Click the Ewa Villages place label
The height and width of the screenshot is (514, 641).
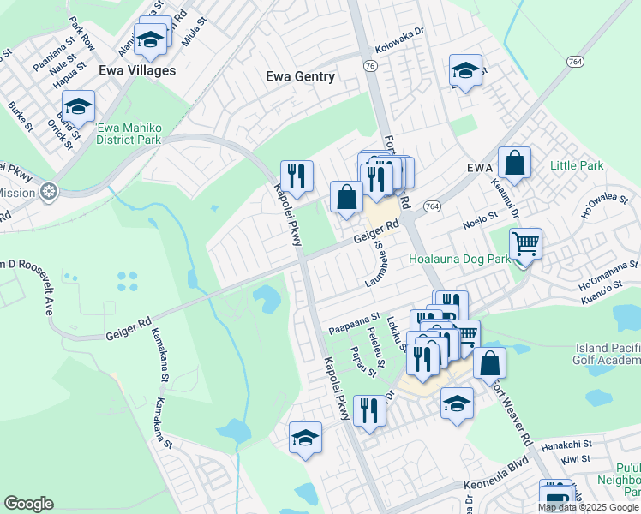[x=137, y=70]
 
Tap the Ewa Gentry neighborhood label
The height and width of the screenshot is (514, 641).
[x=300, y=76]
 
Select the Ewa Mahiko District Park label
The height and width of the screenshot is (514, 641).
[x=129, y=134]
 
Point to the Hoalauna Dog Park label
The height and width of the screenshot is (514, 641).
[x=453, y=258]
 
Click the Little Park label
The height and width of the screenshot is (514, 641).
[x=577, y=165]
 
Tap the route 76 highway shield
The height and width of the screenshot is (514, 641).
[x=369, y=65]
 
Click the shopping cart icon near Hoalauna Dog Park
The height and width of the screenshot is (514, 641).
[x=525, y=244]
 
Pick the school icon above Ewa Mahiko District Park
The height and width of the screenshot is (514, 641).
[x=78, y=107]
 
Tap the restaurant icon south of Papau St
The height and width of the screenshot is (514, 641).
[x=369, y=410]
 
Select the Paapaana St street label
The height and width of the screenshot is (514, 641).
[x=354, y=329]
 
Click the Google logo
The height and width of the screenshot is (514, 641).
[x=28, y=504]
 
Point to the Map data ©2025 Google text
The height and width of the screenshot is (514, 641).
[x=588, y=507]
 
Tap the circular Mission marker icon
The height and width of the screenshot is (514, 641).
[x=51, y=191]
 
